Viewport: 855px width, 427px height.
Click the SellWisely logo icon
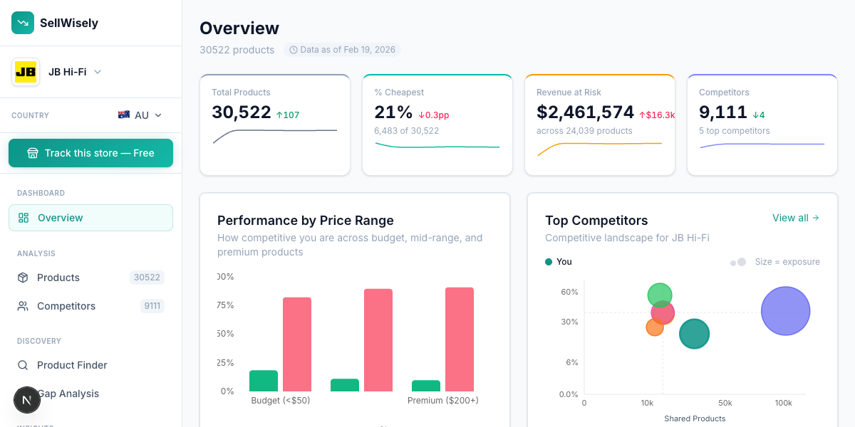[23, 23]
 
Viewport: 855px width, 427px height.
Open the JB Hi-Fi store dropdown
[57, 72]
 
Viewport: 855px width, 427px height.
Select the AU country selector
[140, 115]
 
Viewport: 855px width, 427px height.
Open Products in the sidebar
[58, 278]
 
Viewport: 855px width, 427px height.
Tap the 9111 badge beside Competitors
[152, 306]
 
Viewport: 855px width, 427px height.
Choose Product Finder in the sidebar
[72, 365]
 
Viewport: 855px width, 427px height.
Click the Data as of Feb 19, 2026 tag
[342, 50]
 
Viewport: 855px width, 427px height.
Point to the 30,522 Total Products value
[242, 112]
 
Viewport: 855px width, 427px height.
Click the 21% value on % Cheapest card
[393, 112]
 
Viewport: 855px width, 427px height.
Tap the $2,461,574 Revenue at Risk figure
[585, 112]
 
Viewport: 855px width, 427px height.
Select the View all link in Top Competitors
[795, 218]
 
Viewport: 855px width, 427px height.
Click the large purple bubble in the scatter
[785, 311]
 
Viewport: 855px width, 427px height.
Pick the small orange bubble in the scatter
[654, 327]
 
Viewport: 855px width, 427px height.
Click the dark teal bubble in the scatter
[694, 334]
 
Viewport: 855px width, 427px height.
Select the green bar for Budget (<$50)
[264, 381]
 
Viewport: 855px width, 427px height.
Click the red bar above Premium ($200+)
[460, 339]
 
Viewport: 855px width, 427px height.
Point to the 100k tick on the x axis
[783, 403]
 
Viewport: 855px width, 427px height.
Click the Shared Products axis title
[695, 418]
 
